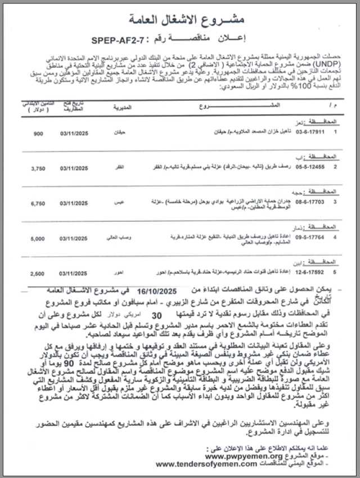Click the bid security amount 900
38,133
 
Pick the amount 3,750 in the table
38,168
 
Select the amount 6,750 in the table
38,203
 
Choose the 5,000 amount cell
38,238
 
